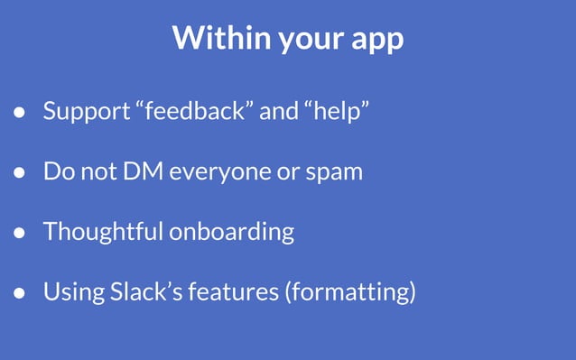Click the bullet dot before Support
tap(18, 114)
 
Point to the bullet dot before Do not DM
tap(18, 172)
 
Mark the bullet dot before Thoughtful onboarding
tap(18, 233)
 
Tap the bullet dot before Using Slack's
tap(18, 293)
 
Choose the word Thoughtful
tap(102, 231)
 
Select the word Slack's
tap(156, 291)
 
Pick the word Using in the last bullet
tap(71, 292)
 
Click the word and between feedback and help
tap(279, 113)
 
